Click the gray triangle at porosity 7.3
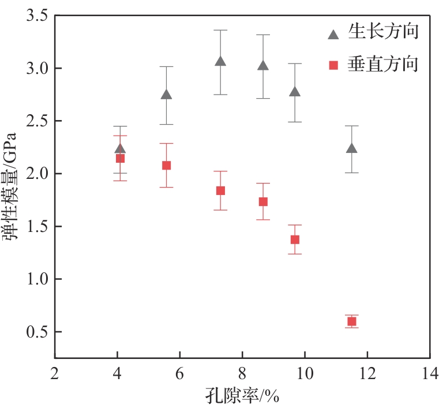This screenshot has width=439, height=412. tap(220, 61)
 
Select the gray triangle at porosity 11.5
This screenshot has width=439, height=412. tap(351, 148)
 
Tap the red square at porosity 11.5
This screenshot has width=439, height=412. tap(351, 321)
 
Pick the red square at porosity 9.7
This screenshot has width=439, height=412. tap(295, 239)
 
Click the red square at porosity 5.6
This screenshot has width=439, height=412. tap(166, 165)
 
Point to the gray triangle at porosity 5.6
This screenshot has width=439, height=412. tap(166, 95)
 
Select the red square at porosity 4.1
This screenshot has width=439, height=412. tap(120, 158)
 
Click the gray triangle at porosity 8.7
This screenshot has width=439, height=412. tap(263, 66)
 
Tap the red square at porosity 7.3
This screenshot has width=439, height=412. tap(220, 190)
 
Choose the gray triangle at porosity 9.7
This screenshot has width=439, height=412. tap(295, 92)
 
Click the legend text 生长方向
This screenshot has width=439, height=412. tap(382, 32)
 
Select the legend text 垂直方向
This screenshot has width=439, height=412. tap(382, 64)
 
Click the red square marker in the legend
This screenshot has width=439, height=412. tap(333, 65)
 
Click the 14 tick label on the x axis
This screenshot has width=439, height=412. tap(429, 372)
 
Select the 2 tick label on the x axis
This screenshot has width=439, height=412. tap(55, 372)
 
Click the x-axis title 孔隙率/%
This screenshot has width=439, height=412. tap(243, 398)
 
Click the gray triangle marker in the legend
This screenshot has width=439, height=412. tap(333, 34)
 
